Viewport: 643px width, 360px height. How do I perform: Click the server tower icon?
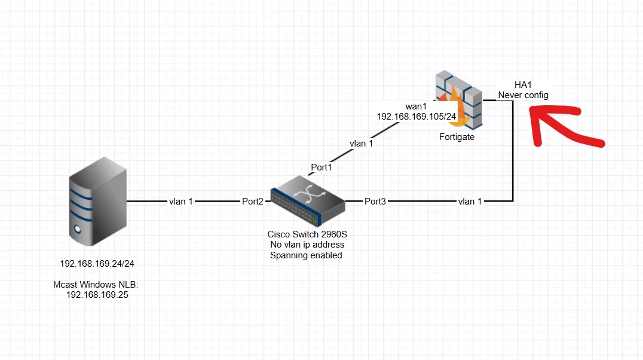(97, 202)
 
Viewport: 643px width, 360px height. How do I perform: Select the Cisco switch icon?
(308, 201)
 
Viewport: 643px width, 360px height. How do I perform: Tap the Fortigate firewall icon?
(459, 100)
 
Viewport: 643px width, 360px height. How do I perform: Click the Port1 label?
(321, 167)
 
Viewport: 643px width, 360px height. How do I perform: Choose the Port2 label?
(253, 201)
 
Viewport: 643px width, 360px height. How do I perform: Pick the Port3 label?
(375, 201)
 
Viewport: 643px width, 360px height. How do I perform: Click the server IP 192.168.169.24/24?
(97, 264)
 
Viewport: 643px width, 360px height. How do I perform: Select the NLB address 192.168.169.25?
(97, 295)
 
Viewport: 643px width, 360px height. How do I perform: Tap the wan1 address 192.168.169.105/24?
(417, 117)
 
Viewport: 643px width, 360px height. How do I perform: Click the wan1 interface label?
(416, 106)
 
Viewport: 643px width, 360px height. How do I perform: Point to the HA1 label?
(523, 84)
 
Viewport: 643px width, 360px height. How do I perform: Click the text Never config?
(523, 95)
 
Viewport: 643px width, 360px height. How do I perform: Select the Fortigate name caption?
(457, 137)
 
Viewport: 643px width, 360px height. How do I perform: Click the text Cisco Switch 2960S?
(307, 234)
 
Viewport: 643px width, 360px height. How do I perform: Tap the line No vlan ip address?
(307, 244)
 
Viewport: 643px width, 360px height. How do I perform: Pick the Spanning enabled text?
(306, 255)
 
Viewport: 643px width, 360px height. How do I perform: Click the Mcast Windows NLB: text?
(96, 285)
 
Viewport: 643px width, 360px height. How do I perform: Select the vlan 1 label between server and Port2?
(181, 201)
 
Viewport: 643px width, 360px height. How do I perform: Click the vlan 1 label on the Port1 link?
(362, 144)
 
